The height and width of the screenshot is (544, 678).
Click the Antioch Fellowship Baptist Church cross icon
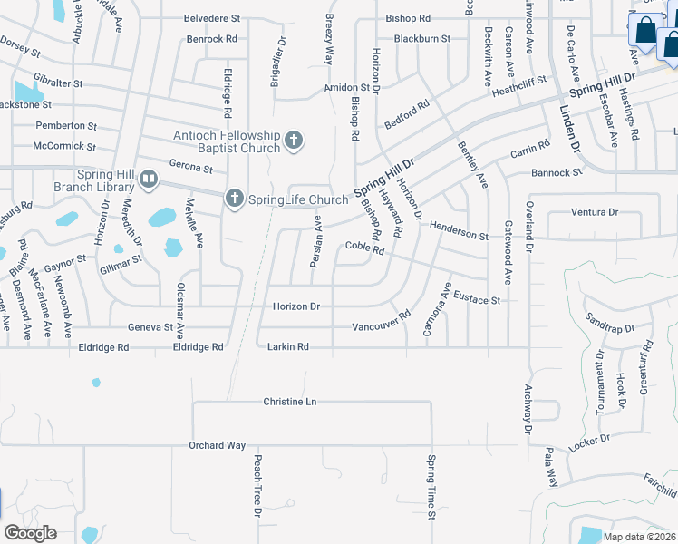pyautogui.click(x=293, y=141)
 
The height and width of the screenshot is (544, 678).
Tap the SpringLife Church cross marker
pyautogui.click(x=235, y=199)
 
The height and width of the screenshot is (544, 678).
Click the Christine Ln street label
pyautogui.click(x=290, y=401)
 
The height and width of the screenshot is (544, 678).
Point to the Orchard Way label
pyautogui.click(x=218, y=445)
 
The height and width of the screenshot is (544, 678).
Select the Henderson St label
pyautogui.click(x=459, y=230)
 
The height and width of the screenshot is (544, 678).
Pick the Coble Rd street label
pyautogui.click(x=364, y=248)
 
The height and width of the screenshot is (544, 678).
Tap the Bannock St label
pyautogui.click(x=557, y=172)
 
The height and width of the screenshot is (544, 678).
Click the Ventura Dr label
pyautogui.click(x=595, y=212)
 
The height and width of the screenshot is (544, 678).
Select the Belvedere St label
pyautogui.click(x=212, y=17)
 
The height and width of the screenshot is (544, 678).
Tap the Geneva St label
pyautogui.click(x=150, y=327)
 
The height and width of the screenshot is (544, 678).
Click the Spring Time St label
pyautogui.click(x=431, y=488)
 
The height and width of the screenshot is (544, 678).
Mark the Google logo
pyautogui.click(x=30, y=533)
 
